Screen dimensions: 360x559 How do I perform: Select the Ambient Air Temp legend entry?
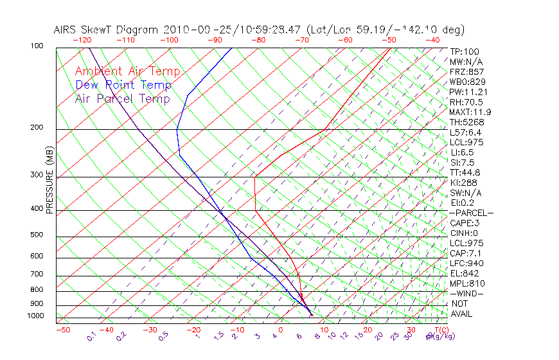127,71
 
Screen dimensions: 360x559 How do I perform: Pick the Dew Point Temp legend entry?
123,85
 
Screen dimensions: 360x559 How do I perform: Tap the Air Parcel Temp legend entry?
122,98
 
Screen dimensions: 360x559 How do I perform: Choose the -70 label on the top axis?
301,40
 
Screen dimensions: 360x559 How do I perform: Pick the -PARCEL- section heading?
471,213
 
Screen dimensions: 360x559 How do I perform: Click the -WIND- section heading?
467,293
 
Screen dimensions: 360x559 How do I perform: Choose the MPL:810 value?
466,283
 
